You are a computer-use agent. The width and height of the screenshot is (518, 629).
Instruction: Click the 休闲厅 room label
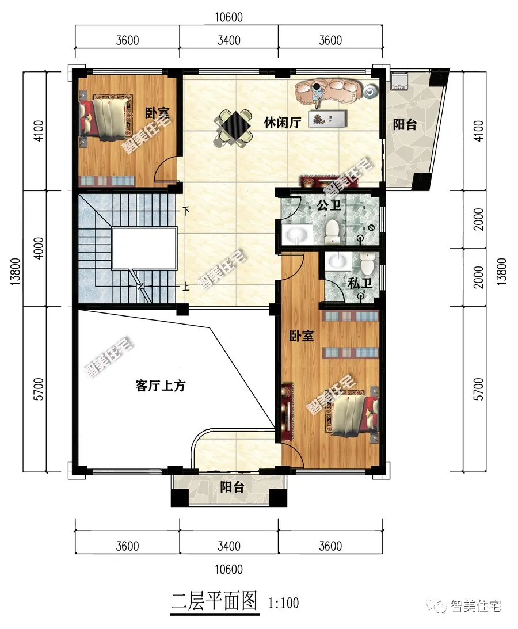[x=283, y=123]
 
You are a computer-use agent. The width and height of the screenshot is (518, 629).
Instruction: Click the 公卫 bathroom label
[x=329, y=205]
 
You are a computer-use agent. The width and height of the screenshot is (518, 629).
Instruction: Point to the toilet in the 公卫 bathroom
[x=332, y=231]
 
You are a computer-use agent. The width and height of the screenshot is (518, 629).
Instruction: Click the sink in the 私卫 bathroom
[x=337, y=261]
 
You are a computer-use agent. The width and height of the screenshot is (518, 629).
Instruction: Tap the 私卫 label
[x=360, y=283]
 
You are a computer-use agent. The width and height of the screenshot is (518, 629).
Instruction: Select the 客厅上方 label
[x=161, y=386]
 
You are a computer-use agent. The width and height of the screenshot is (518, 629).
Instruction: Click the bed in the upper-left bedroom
[x=106, y=118]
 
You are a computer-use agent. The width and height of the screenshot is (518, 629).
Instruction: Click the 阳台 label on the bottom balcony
[x=232, y=487]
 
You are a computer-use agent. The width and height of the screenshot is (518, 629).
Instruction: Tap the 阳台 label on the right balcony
[x=405, y=124]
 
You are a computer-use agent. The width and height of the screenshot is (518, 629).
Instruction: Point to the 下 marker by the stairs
[x=186, y=210]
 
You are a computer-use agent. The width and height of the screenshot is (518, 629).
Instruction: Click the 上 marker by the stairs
[x=186, y=287]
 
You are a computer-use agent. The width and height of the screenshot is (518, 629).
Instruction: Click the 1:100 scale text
[x=283, y=603]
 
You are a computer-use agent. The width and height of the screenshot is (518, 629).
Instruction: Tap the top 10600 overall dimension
[x=228, y=17]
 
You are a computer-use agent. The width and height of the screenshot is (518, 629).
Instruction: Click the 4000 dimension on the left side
[x=39, y=248]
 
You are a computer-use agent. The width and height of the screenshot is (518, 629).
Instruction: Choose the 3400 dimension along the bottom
[x=228, y=546]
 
